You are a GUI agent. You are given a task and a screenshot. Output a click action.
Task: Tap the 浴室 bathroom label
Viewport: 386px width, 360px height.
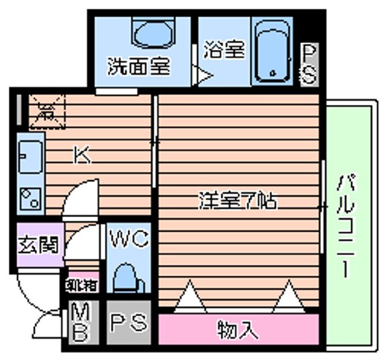tap(225, 51)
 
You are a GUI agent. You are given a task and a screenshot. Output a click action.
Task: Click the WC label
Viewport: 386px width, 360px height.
tap(128, 239)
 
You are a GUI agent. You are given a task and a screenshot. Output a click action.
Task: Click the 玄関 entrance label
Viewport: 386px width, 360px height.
tap(37, 245)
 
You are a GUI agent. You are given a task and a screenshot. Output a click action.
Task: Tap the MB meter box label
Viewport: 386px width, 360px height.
tap(80, 323)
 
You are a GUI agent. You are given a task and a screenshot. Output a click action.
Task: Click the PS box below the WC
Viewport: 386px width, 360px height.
tap(128, 323)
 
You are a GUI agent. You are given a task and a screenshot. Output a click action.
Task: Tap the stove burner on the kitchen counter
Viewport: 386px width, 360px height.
tap(30, 198)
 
